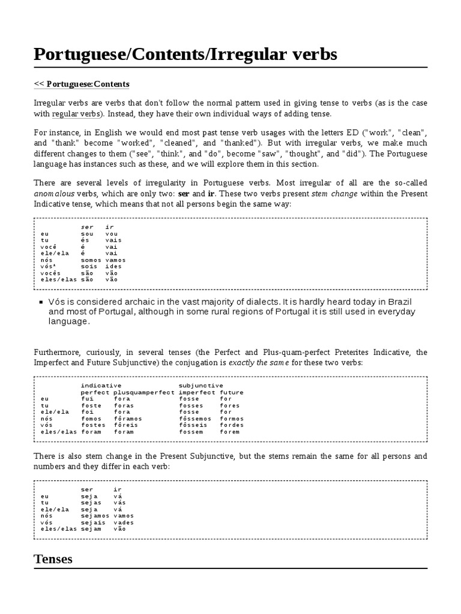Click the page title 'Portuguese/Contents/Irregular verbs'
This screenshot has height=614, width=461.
coord(185,55)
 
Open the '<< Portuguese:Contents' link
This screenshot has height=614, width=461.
coord(81,84)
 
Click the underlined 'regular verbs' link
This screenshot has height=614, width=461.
coord(76,114)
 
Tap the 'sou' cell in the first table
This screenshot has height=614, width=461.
coord(87,234)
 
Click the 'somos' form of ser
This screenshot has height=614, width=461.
coord(91,260)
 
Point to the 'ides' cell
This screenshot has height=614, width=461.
coord(113,267)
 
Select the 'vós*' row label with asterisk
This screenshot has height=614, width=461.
coord(48,267)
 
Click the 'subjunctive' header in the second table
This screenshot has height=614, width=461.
coord(200,385)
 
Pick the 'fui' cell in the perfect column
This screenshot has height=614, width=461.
coord(87,398)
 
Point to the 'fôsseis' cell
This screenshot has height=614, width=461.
coord(193,425)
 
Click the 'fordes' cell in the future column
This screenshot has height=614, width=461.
coord(232,425)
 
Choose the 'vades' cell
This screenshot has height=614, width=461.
coord(124,522)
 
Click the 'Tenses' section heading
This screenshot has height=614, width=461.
coord(53,559)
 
